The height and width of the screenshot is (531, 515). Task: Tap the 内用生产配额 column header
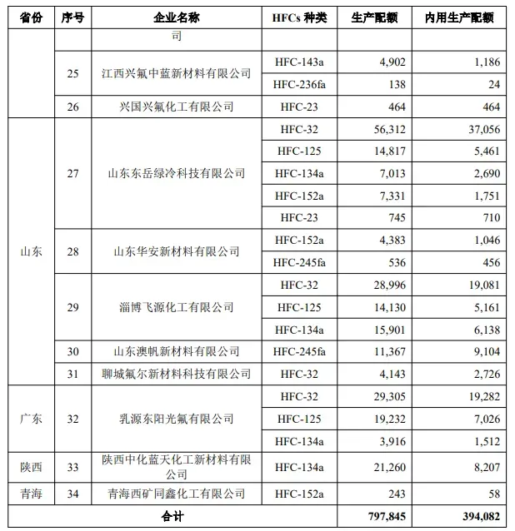[458, 17]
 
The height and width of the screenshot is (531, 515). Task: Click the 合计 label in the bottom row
[172, 517]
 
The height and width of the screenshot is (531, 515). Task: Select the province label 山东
[30, 251]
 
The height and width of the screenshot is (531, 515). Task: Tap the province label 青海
[30, 494]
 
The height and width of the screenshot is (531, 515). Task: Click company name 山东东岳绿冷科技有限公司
[176, 173]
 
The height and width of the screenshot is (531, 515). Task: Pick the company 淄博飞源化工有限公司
[176, 307]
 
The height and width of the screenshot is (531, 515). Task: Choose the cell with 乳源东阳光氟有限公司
[176, 418]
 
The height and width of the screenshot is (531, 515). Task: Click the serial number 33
[72, 467]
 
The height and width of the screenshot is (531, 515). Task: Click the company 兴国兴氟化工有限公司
[176, 107]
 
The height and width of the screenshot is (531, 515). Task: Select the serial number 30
[72, 352]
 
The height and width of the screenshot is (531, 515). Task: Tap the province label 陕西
[30, 467]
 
